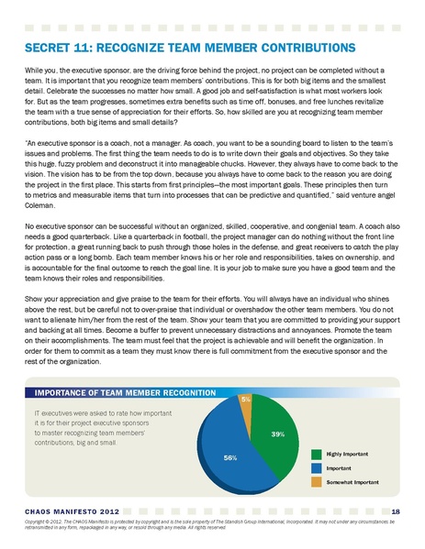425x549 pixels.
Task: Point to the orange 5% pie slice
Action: pos(246,408)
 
